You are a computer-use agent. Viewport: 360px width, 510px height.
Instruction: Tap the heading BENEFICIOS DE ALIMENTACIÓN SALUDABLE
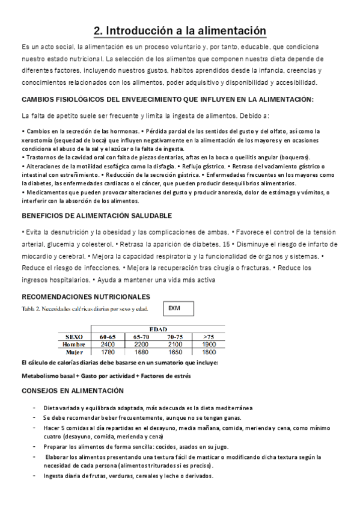(x=97, y=215)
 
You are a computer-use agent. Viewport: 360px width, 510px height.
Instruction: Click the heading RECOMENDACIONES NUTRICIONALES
(x=86, y=297)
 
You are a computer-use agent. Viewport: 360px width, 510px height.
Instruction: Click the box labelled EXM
(x=180, y=309)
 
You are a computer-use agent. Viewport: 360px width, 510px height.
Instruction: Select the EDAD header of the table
(x=158, y=328)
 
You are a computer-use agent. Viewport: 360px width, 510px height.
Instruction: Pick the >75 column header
(x=209, y=337)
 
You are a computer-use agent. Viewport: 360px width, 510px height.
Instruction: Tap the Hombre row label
(x=74, y=344)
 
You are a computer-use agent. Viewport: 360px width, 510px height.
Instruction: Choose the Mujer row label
(x=75, y=352)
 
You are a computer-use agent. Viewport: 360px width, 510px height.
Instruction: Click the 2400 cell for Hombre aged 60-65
(x=108, y=344)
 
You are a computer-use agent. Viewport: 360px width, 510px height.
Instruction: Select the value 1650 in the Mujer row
(x=175, y=352)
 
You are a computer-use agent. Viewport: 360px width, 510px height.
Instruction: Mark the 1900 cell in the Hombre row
(x=209, y=344)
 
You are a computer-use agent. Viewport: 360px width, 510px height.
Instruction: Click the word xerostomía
(x=38, y=140)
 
